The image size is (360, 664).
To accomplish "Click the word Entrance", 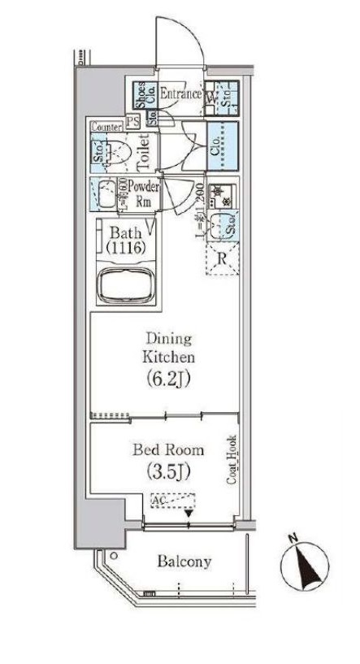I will (x=180, y=94).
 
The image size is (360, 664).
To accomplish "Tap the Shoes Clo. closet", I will (x=139, y=96).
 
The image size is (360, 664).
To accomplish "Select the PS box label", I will (x=132, y=124).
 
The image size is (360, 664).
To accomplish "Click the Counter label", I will (x=106, y=125).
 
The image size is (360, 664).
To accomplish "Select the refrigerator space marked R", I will (x=222, y=261).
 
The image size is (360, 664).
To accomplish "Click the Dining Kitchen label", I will (x=169, y=346).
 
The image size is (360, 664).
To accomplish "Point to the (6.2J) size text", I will (x=168, y=378).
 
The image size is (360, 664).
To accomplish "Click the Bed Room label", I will (x=169, y=449).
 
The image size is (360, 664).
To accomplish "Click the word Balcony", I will (x=184, y=562).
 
